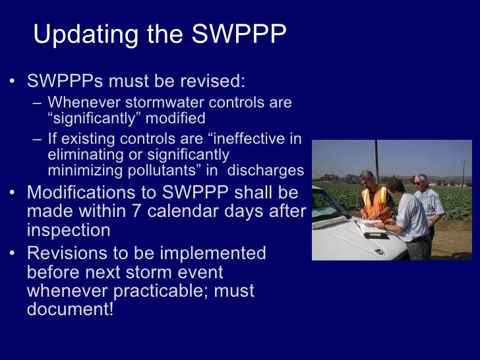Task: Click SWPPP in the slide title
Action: coord(239,34)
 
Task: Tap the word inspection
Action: coord(68,231)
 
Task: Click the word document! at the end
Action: coord(71,309)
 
